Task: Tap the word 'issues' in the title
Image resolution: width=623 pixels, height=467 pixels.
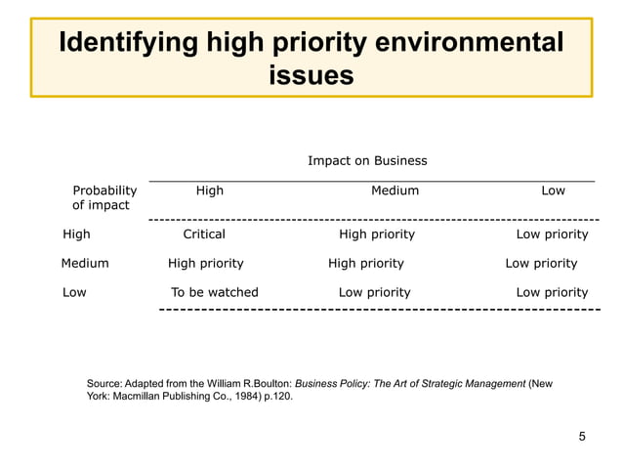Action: click(311, 75)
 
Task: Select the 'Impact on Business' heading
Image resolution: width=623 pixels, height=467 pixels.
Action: click(367, 160)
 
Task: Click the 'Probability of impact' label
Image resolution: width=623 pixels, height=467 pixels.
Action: click(104, 197)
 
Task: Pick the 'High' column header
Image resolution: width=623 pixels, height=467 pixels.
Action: click(209, 191)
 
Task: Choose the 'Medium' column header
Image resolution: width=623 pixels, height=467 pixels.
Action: click(395, 191)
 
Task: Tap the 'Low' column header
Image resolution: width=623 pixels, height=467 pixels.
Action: click(553, 191)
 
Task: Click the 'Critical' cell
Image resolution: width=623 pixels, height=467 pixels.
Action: click(204, 234)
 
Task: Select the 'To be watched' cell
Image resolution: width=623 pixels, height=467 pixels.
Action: click(215, 292)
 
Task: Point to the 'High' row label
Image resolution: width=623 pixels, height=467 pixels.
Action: click(76, 234)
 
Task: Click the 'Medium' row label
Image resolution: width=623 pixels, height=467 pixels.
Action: click(85, 263)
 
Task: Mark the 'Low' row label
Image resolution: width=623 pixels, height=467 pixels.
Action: click(74, 292)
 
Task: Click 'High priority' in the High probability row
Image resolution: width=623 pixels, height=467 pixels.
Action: click(377, 234)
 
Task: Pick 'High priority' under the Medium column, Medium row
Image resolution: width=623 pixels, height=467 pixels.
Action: click(366, 263)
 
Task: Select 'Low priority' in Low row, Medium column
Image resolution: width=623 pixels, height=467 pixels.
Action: click(374, 292)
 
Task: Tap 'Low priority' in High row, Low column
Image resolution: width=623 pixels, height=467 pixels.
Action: click(552, 234)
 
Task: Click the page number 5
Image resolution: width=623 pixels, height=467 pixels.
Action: click(582, 436)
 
